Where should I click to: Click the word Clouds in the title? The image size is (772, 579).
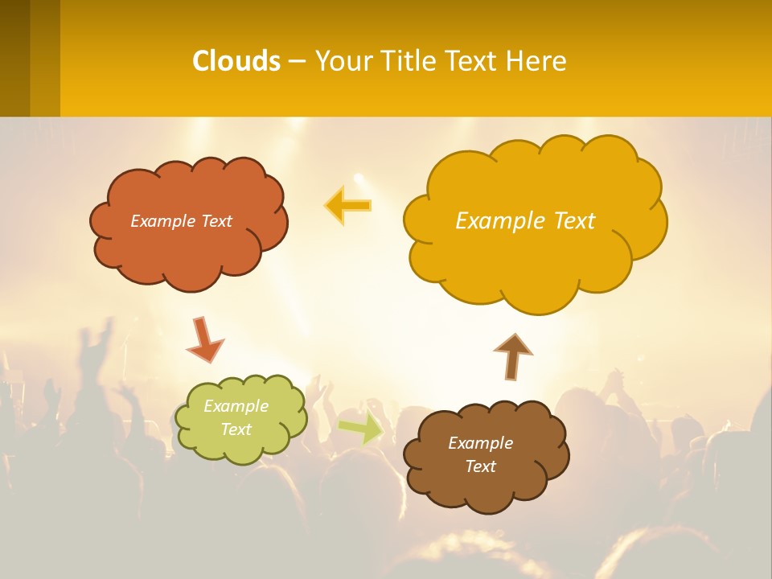[236, 61]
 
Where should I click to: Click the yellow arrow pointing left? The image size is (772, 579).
[348, 205]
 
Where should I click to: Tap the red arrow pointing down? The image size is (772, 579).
[204, 340]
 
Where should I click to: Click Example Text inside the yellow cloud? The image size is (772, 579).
[525, 220]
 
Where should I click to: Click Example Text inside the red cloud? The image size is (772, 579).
[181, 221]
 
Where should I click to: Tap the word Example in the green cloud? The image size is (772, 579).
[236, 406]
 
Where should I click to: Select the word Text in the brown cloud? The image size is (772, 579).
[480, 466]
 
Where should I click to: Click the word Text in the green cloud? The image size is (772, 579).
[236, 429]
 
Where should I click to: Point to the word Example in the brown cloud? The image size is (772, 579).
[480, 443]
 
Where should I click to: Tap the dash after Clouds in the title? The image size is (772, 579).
[297, 62]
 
